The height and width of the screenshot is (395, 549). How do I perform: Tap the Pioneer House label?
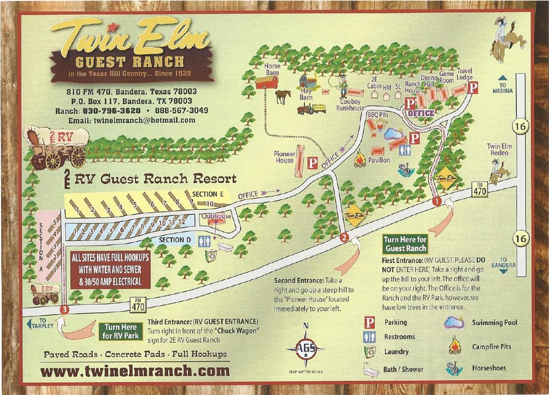pyautogui.click(x=284, y=157)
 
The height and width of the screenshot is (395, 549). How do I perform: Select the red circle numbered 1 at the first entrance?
pyautogui.click(x=437, y=201)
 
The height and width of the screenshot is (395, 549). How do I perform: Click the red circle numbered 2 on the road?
pyautogui.click(x=345, y=237)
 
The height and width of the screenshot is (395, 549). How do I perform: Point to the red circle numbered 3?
pyautogui.click(x=64, y=309)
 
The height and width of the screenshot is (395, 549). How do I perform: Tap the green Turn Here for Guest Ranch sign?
pyautogui.click(x=406, y=244)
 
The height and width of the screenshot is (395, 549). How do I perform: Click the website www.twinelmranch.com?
pyautogui.click(x=134, y=370)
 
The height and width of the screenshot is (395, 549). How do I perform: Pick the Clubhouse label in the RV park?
pyautogui.click(x=216, y=216)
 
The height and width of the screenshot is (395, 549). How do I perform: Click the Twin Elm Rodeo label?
pyautogui.click(x=498, y=150)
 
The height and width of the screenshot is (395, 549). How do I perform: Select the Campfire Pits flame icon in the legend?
pyautogui.click(x=454, y=345)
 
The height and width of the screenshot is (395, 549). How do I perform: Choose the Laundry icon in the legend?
pyautogui.click(x=370, y=351)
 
